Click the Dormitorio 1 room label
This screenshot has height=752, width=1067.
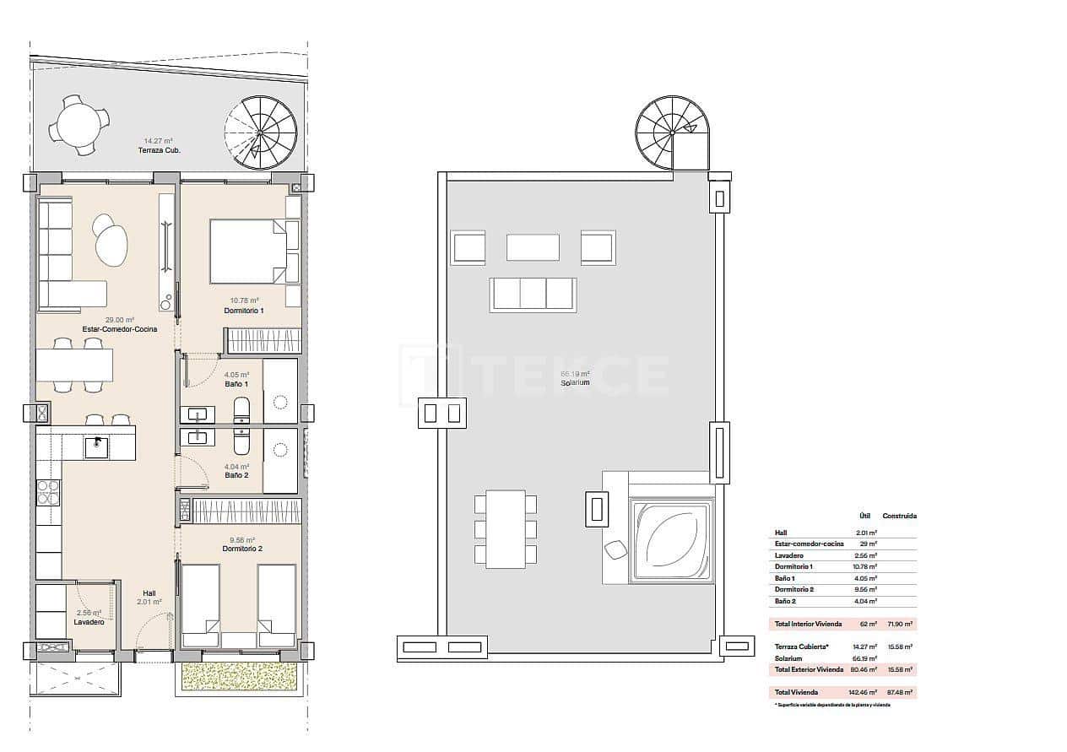[244, 311]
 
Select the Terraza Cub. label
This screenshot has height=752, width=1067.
[160, 150]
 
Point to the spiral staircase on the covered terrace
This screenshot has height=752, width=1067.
[262, 133]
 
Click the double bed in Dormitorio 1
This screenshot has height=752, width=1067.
[248, 252]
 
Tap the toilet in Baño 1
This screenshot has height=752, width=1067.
[241, 409]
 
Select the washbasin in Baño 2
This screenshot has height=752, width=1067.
[198, 436]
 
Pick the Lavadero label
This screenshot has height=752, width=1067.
[89, 622]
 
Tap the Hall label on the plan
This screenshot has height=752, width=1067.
[149, 592]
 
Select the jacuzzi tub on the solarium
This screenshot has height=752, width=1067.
[673, 540]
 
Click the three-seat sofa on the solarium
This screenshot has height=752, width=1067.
[533, 294]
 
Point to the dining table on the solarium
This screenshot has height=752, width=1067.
[505, 529]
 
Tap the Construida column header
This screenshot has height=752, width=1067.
[899, 516]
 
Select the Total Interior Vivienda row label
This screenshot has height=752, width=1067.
[809, 625]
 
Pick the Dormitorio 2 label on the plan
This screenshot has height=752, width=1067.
[243, 549]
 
